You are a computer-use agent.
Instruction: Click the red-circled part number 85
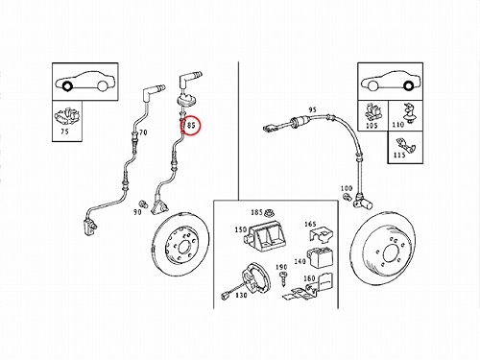pos(191,125)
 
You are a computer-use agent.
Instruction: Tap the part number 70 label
pos(143,132)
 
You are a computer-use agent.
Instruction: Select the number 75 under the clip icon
pos(64,132)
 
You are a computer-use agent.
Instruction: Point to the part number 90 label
pos(137,212)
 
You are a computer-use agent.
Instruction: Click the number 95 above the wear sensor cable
pos(313,109)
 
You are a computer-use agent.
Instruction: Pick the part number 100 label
pos(347,188)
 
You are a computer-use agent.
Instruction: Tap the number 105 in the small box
pos(372,126)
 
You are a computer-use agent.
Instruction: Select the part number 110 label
pos(398,124)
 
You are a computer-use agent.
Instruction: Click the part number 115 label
pos(399,155)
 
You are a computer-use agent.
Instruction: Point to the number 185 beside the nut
pos(256,212)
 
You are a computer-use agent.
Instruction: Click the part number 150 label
pos(241,229)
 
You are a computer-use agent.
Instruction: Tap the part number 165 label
pos(310,224)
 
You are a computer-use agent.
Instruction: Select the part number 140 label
pos(300,261)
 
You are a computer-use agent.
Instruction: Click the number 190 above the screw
pos(281,267)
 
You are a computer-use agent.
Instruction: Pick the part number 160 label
pos(309,278)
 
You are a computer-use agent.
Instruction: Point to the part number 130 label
pos(241,295)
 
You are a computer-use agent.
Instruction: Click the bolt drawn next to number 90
pos(143,204)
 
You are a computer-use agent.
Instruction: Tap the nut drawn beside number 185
pos(268,212)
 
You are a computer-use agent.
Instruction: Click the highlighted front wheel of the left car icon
pos(67,86)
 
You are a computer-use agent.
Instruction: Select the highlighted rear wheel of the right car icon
pos(407,85)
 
